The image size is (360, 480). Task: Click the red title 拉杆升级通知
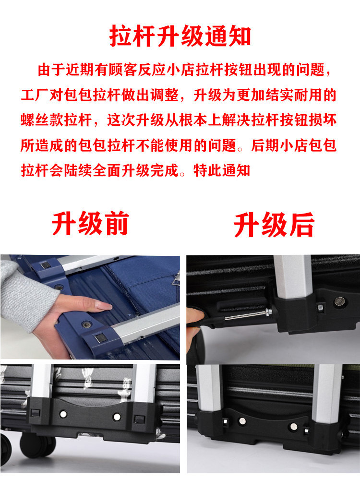[180, 36]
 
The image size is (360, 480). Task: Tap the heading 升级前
[90, 224]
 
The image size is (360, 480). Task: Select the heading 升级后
[274, 225]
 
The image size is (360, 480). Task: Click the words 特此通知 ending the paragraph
[222, 170]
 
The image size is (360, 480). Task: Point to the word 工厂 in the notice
[35, 95]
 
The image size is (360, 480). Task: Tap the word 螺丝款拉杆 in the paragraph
[56, 120]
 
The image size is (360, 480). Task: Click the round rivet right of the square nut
[339, 302]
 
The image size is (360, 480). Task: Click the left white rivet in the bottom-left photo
[63, 414]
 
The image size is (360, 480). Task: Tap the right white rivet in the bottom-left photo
[117, 417]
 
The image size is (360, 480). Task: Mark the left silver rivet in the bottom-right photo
[242, 421]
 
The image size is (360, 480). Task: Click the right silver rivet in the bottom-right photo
[294, 426]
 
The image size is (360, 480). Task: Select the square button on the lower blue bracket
[100, 338]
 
